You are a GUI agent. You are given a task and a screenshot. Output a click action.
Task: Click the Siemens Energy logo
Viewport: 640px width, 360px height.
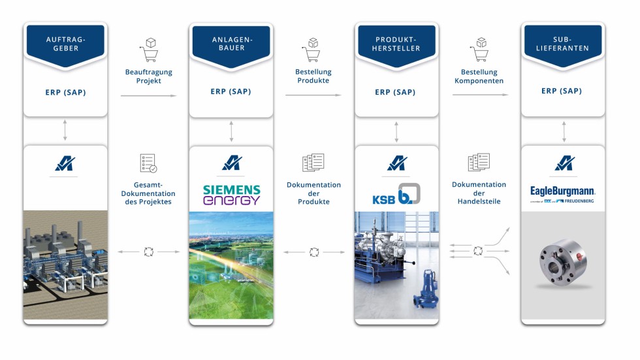coord(231,195)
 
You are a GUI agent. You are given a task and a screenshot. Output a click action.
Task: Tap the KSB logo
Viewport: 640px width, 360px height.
coord(396,195)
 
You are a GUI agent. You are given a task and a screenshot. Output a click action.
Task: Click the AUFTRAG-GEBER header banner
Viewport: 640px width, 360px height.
coord(65,43)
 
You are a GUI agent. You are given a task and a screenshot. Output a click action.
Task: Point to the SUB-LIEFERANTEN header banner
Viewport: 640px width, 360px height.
coord(563,43)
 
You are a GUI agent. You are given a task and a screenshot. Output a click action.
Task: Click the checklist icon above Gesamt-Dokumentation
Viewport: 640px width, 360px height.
coord(148,163)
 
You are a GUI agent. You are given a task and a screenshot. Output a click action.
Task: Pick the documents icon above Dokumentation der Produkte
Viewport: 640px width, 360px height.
coord(313,163)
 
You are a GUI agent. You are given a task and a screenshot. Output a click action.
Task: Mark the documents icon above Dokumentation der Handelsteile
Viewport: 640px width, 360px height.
coord(479,163)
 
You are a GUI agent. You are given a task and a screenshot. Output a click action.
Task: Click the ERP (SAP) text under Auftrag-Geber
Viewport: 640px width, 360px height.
coord(65,92)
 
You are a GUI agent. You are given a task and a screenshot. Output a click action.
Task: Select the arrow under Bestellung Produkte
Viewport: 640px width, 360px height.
coord(313,95)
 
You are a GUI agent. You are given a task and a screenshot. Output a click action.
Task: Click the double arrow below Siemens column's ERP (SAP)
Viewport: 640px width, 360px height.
coord(231,131)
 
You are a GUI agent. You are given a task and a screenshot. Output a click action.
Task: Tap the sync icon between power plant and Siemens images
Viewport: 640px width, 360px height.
coord(148,251)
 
